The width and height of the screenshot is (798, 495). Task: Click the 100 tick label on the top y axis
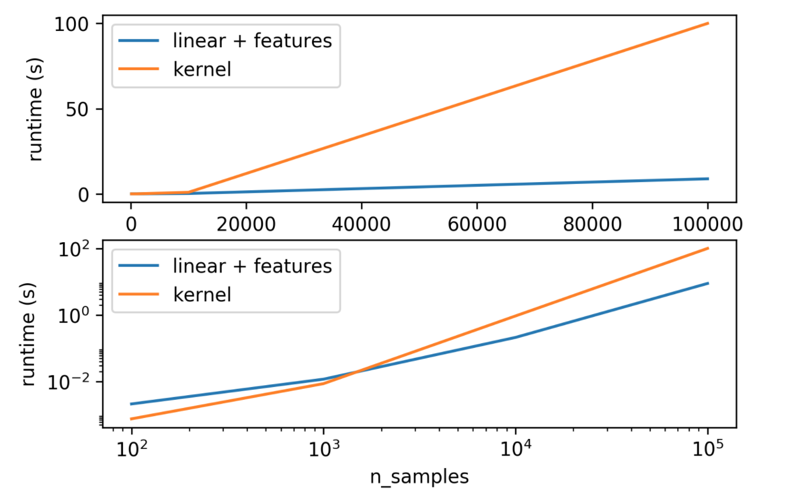click(72, 24)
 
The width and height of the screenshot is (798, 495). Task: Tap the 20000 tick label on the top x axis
click(246, 224)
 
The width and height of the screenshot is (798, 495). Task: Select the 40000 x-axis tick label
click(361, 224)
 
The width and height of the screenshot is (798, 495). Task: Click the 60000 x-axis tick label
click(477, 224)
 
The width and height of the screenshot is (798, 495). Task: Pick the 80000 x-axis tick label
click(592, 224)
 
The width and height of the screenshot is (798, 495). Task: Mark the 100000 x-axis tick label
click(707, 224)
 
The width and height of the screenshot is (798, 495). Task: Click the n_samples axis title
click(419, 476)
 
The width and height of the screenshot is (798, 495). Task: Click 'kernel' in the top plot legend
click(202, 69)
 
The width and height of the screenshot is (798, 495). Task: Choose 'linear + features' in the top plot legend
click(252, 41)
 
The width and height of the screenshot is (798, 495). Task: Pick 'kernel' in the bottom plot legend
click(202, 294)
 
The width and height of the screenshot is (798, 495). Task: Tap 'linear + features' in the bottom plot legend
click(252, 266)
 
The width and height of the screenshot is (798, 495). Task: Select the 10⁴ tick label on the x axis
click(516, 449)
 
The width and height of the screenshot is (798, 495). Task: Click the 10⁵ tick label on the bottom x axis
click(708, 449)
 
